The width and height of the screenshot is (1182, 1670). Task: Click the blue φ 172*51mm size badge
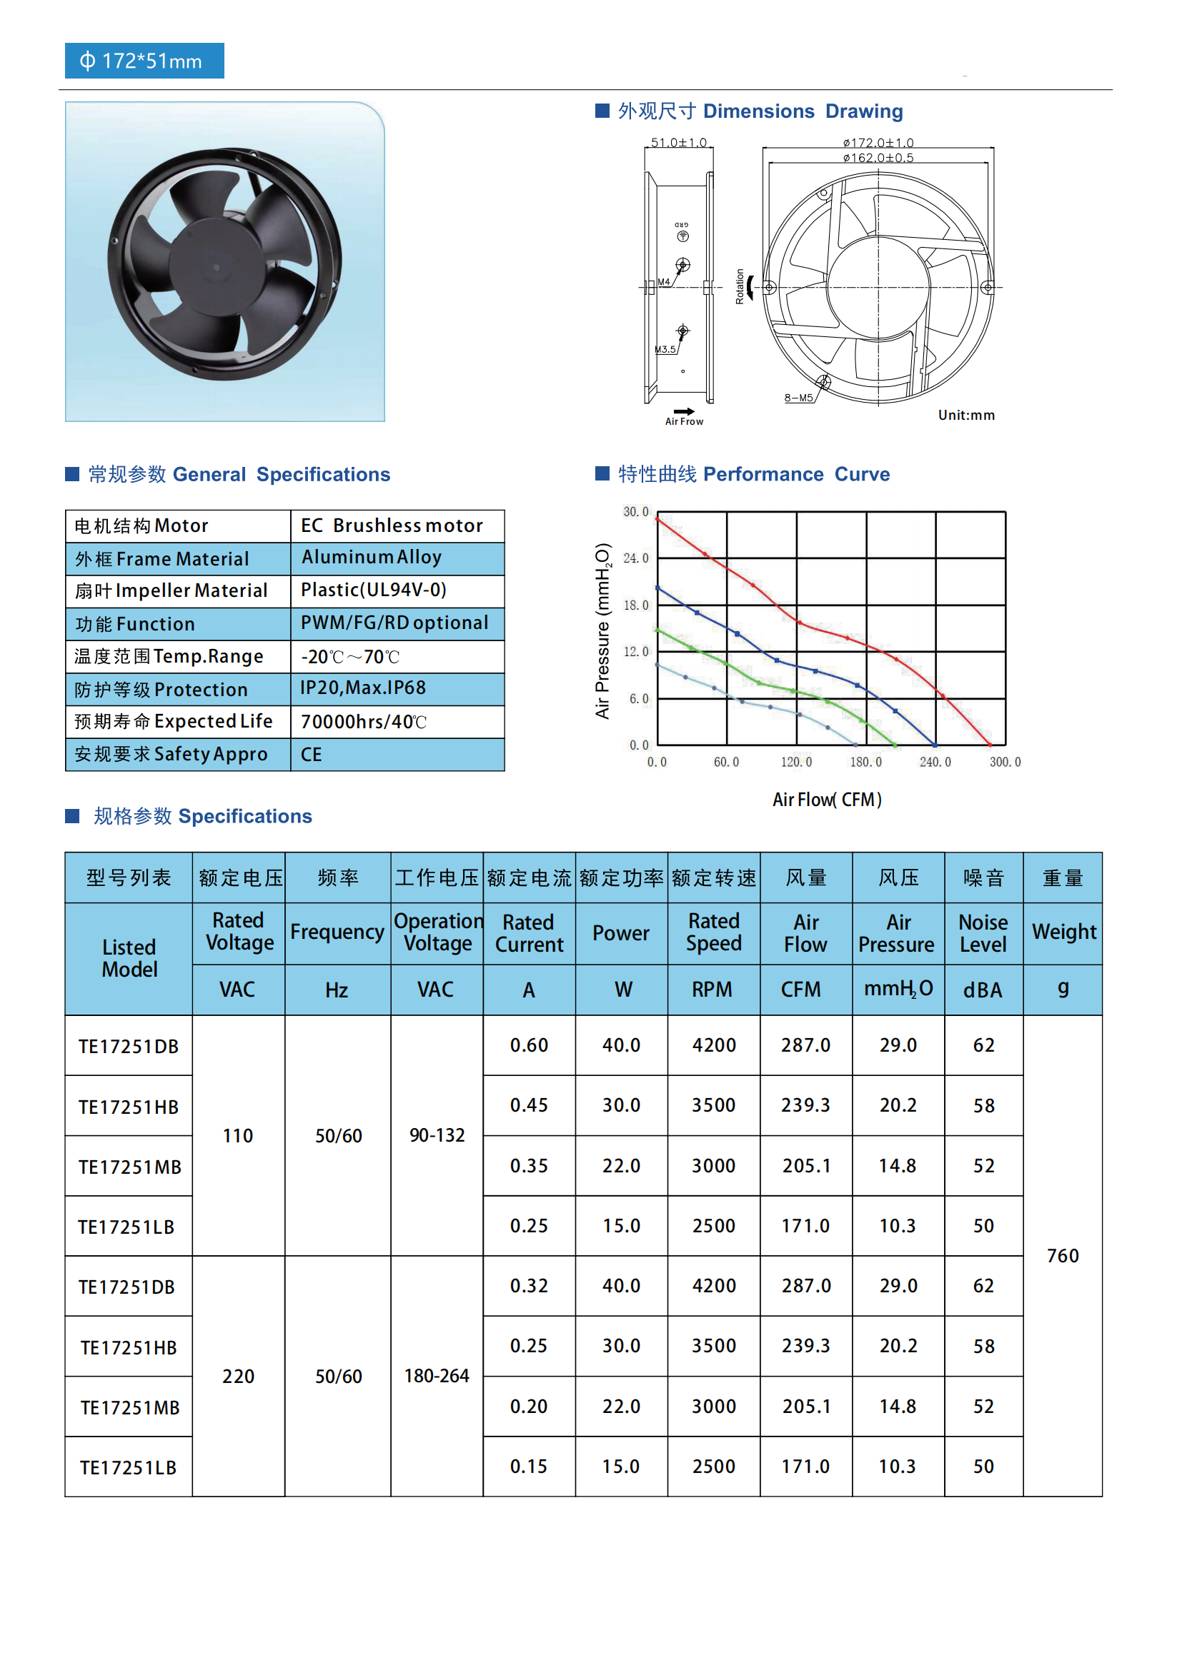pos(144,61)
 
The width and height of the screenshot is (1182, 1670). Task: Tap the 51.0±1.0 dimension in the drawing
pos(678,143)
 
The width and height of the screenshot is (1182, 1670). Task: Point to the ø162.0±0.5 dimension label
pos(878,158)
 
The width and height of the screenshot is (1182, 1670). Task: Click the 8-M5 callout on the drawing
pos(798,398)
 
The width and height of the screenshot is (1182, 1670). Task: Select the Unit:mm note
pos(966,416)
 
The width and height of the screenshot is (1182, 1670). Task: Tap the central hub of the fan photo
pos(216,267)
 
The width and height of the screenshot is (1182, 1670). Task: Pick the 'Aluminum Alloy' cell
pos(371,557)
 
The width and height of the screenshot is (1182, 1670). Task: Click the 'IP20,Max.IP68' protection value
pos(363,688)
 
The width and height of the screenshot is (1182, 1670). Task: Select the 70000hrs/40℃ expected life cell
pos(363,722)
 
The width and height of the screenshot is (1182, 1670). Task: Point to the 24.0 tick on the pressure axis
pos(635,558)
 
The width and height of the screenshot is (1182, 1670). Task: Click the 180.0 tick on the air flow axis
pos(865,763)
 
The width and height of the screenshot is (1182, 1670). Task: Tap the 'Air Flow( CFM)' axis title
pos(827,800)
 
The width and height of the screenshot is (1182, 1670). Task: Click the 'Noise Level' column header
pos(983,933)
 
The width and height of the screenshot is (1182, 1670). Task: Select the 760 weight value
pos(1063,1256)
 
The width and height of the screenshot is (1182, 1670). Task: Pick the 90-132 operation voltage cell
pos(437,1135)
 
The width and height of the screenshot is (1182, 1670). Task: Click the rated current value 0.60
pos(529,1045)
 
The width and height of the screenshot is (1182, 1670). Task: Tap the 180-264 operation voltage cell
pos(437,1376)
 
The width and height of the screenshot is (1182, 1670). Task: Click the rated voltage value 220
pos(238,1377)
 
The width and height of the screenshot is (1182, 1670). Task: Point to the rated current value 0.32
pos(529,1286)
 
